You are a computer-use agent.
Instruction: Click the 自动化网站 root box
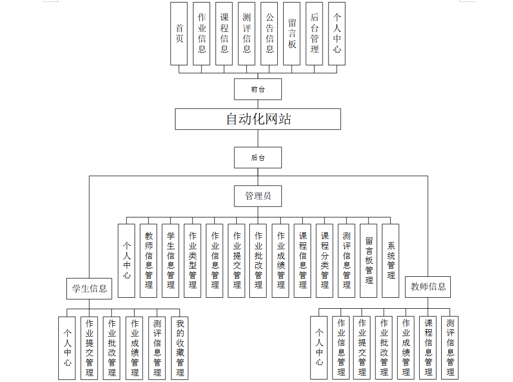(258, 119)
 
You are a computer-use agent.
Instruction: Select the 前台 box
(258, 89)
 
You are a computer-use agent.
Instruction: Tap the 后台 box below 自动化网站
(258, 158)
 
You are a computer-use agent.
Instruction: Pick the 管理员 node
(258, 196)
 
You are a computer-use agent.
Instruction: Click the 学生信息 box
(89, 288)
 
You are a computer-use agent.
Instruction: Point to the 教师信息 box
(428, 287)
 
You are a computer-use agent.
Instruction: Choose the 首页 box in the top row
(179, 33)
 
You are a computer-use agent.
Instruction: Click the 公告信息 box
(269, 33)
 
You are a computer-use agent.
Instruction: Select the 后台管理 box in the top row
(314, 33)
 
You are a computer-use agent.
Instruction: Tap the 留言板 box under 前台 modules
(292, 33)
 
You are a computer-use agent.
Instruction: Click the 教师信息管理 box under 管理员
(149, 260)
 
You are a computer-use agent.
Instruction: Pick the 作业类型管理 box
(192, 260)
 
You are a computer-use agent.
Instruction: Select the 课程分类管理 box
(325, 260)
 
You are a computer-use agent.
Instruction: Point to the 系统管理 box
(390, 260)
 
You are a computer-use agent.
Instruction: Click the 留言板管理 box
(368, 260)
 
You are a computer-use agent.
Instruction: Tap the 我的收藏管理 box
(180, 348)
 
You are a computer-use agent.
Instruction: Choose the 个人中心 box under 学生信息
(67, 348)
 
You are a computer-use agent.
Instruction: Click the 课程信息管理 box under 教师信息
(428, 348)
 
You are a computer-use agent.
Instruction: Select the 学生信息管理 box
(171, 260)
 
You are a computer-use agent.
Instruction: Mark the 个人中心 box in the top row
(337, 33)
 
